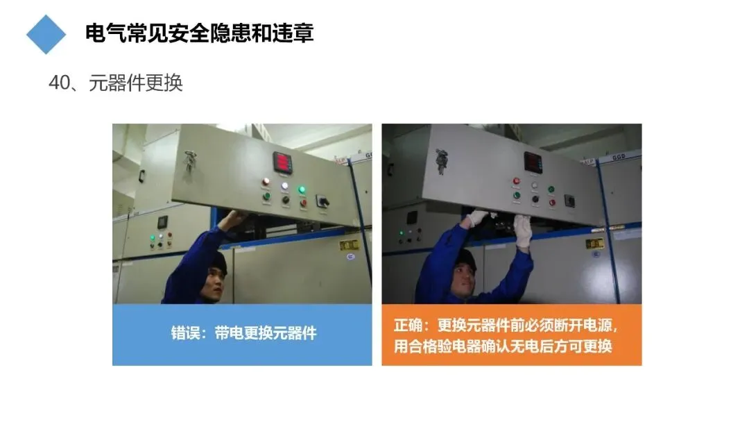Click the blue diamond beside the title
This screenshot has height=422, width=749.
(46, 34)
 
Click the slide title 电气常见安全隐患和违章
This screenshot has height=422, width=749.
(199, 33)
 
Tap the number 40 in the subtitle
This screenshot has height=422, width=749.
(59, 83)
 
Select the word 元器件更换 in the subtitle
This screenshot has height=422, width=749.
(136, 83)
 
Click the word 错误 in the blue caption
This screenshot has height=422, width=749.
(185, 333)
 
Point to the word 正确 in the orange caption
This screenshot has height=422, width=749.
(408, 326)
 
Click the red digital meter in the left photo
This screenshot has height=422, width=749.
(283, 162)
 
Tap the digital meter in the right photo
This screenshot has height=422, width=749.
(533, 162)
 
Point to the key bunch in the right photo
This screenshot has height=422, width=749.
(441, 160)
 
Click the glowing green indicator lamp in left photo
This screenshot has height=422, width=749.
(302, 189)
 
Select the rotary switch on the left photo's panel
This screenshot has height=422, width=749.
(323, 201)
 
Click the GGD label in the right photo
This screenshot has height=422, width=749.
(619, 157)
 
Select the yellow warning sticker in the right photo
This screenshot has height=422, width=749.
(595, 243)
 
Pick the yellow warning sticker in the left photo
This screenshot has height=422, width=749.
(349, 245)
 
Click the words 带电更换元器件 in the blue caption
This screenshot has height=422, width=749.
(266, 333)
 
